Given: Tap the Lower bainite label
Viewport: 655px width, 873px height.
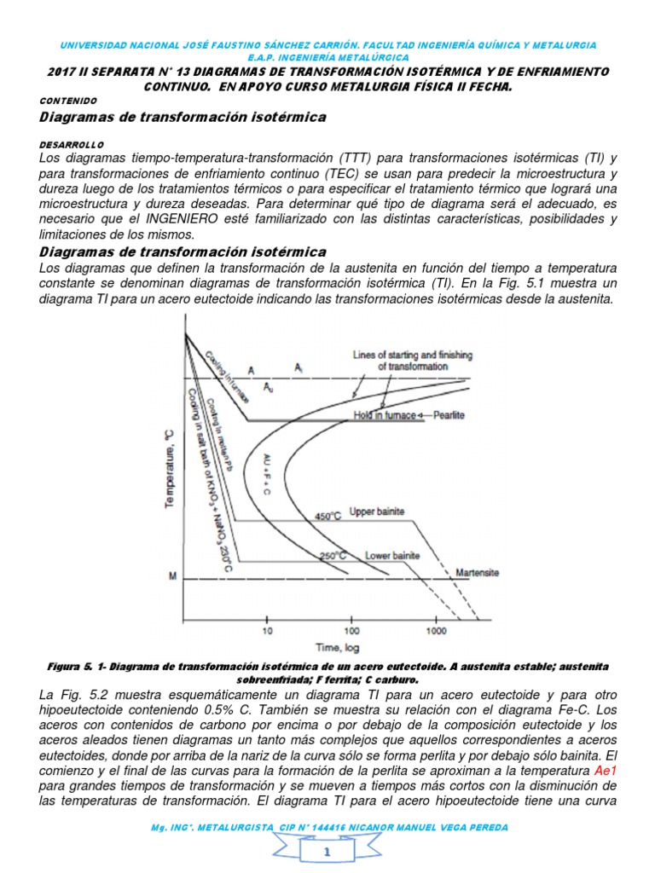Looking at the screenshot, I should coord(392,556).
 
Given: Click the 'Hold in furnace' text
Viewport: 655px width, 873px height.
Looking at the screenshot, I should coord(383,415).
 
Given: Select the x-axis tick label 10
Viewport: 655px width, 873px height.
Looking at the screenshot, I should coord(267,632).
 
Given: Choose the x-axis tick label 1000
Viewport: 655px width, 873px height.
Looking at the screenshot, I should coord(436,632).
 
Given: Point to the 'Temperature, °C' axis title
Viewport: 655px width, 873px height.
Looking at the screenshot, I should coord(168,468).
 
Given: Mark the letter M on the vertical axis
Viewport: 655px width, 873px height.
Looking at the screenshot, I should coord(172,577).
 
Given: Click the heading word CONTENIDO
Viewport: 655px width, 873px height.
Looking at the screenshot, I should coord(69,100).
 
